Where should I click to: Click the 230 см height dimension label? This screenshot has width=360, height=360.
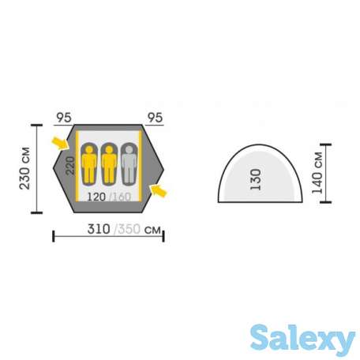coord(24,168)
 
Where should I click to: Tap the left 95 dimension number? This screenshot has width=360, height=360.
coord(64,118)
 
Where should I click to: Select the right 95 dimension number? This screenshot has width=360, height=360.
coord(155,118)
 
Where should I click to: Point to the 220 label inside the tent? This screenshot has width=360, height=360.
coord(70,166)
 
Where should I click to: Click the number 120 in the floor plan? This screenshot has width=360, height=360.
coord(96,197)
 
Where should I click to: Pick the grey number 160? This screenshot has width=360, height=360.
coord(122,197)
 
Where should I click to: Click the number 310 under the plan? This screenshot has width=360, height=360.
coord(99,229)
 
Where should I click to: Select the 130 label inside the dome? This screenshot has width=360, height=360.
coord(256,179)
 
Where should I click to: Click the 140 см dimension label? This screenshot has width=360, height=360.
coord(317,173)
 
